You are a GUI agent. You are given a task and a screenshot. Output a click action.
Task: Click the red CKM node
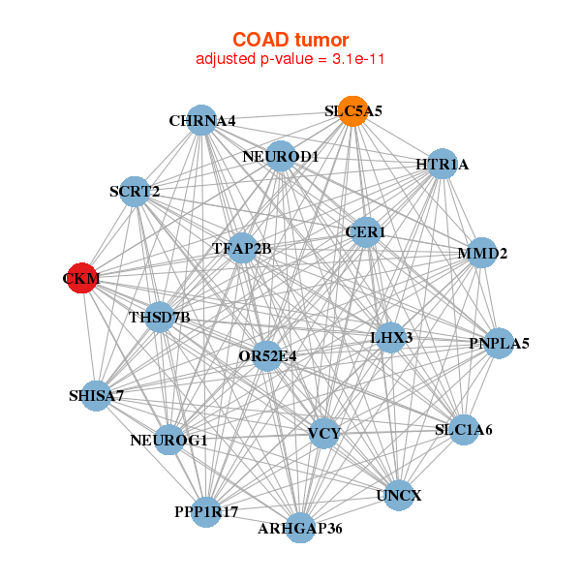click(x=82, y=278)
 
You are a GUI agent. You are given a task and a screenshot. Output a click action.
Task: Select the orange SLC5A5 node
click(x=353, y=111)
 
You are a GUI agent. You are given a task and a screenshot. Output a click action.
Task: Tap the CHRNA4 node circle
click(x=201, y=120)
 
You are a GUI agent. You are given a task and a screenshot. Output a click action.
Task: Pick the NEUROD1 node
click(x=281, y=156)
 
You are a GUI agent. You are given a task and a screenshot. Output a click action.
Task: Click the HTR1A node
click(x=443, y=164)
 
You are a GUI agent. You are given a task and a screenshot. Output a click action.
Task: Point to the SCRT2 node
click(x=135, y=192)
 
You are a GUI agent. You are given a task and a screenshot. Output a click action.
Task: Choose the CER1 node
click(x=366, y=232)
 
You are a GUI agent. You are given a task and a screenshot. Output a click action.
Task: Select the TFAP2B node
click(x=242, y=248)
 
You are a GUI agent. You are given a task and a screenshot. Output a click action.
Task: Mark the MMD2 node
click(x=481, y=253)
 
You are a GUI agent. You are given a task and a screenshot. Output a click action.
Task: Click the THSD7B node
click(x=160, y=318)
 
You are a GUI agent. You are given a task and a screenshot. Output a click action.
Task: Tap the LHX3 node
click(x=390, y=338)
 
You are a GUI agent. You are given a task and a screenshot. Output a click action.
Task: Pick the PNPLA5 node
click(x=499, y=343)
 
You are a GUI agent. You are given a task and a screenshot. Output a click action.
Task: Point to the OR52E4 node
click(x=267, y=356)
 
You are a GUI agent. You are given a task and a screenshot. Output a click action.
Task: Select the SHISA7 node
click(x=96, y=396)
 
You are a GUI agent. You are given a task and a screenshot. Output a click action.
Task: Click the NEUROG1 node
click(x=168, y=440)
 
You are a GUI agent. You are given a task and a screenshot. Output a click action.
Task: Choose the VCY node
click(x=323, y=433)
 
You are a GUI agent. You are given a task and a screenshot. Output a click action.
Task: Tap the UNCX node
click(x=399, y=496)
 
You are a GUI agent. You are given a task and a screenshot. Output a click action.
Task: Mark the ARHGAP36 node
click(x=300, y=528)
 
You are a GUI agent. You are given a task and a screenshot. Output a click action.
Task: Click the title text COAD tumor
click(x=290, y=40)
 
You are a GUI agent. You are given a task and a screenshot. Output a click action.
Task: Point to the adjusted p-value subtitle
click(x=290, y=59)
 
